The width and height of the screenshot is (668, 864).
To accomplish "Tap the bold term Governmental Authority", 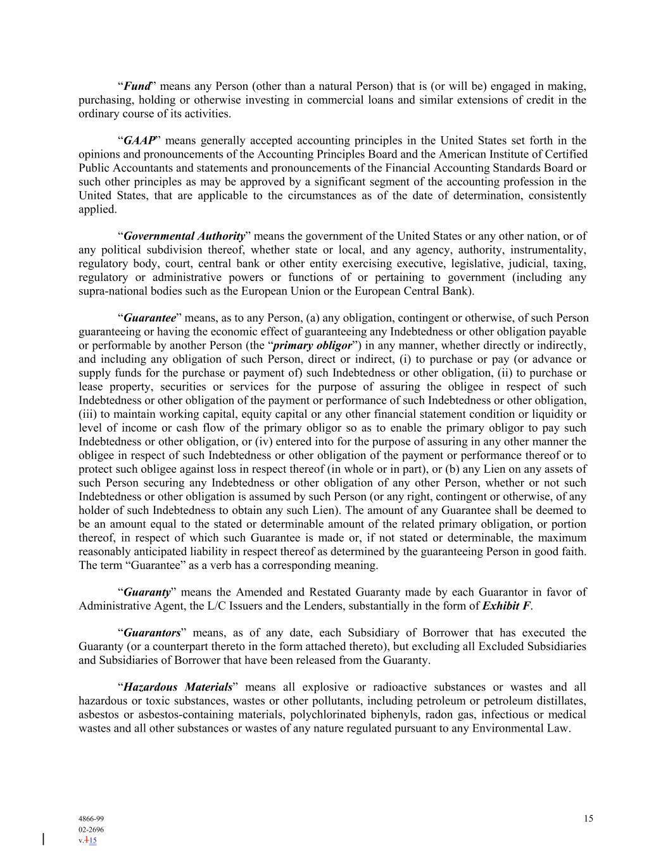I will click(x=184, y=236).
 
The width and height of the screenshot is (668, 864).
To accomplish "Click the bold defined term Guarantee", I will click(x=149, y=318).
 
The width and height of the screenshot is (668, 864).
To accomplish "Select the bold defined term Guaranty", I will click(x=147, y=592).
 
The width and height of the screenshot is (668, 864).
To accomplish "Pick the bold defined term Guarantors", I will click(x=152, y=633).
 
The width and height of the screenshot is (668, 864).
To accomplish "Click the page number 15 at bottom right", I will click(x=588, y=818).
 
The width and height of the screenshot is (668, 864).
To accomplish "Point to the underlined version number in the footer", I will click(x=92, y=841).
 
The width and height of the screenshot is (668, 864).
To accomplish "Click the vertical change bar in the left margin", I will click(x=43, y=839).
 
